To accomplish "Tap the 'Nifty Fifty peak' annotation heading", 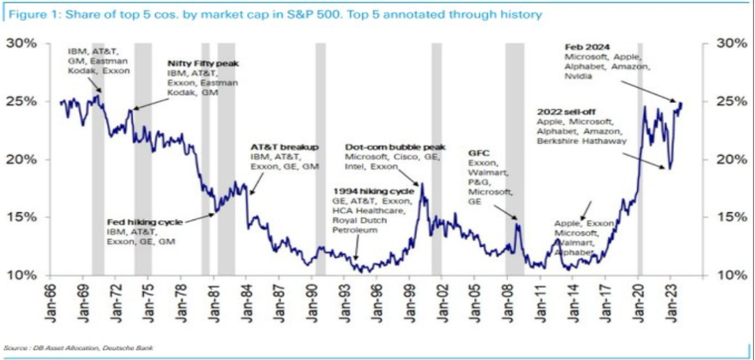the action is tap(203, 63).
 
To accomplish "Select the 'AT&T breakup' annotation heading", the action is tap(284, 147).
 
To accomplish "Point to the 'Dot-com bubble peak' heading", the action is tap(395, 147).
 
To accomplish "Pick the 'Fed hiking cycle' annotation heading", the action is tap(145, 222).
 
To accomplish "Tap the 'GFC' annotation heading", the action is tap(476, 153).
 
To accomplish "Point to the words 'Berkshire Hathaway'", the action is tap(582, 141).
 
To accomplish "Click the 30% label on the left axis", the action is tap(22, 43).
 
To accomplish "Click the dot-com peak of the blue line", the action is tap(422, 183).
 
